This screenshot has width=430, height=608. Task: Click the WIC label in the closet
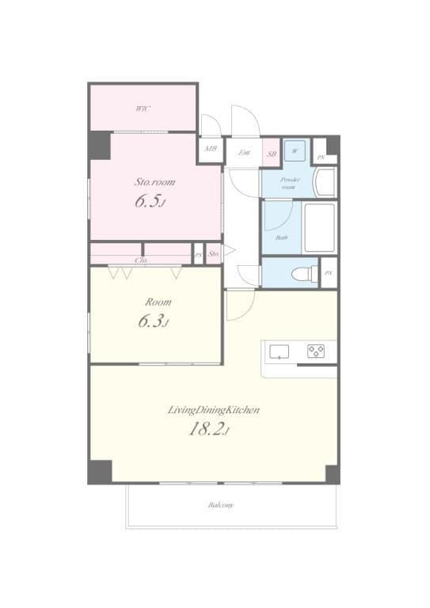click(143, 108)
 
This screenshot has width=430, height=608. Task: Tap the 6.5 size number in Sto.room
click(149, 202)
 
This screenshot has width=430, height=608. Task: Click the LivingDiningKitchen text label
click(214, 410)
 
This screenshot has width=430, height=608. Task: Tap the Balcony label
click(221, 505)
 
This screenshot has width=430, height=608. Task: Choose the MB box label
click(211, 149)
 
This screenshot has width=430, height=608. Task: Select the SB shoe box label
click(272, 154)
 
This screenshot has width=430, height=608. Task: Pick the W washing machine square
click(294, 148)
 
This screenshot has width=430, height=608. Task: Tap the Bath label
click(281, 237)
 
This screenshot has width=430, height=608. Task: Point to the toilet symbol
click(303, 273)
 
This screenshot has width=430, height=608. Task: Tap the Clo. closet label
click(142, 260)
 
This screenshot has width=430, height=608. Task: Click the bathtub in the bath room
click(320, 228)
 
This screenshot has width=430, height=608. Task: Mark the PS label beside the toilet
click(328, 273)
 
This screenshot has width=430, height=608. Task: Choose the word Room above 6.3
click(158, 302)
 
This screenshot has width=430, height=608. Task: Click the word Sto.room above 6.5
click(154, 182)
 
